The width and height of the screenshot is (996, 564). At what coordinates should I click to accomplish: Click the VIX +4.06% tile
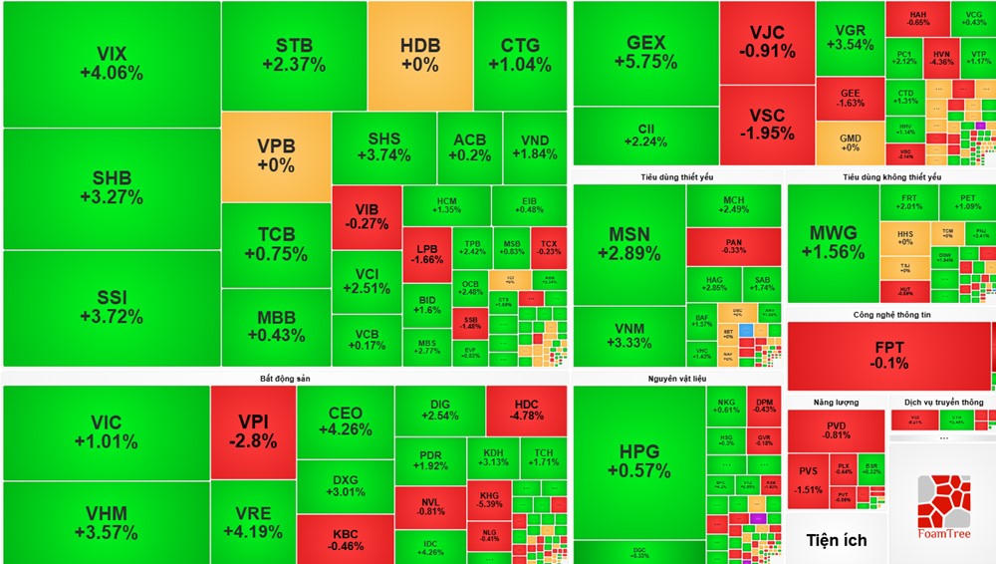click(x=112, y=64)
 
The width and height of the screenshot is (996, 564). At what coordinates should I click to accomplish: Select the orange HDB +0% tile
click(x=419, y=55)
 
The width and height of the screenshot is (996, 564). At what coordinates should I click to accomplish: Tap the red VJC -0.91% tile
click(x=767, y=43)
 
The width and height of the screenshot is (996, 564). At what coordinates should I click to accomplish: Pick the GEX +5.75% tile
click(x=645, y=52)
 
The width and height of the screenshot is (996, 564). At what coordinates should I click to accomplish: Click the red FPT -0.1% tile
click(x=889, y=356)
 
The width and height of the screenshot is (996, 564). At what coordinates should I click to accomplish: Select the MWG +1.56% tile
click(x=832, y=243)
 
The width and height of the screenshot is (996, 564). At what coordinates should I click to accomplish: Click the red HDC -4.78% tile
click(x=526, y=410)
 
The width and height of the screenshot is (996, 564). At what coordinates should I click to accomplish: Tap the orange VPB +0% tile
click(x=276, y=156)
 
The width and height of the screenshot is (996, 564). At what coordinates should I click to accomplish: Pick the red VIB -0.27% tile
click(x=367, y=216)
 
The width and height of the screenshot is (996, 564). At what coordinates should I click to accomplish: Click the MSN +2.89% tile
click(x=629, y=244)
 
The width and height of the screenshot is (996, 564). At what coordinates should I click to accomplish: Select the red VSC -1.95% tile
click(x=767, y=125)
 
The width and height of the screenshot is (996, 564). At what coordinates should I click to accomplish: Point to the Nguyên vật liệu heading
click(x=676, y=379)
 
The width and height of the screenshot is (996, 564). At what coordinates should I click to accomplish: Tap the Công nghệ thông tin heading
click(x=889, y=314)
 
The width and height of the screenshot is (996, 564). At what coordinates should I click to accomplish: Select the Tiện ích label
click(x=835, y=540)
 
